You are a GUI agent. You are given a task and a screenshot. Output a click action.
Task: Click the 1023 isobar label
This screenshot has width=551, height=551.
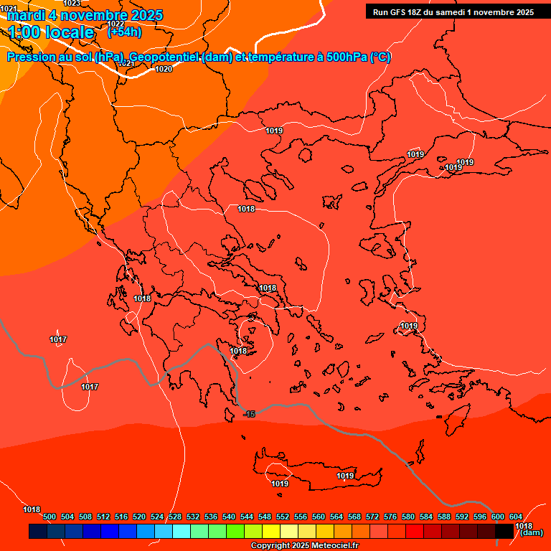click(72, 4)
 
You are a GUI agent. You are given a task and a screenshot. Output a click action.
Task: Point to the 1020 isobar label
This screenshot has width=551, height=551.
click(164, 69)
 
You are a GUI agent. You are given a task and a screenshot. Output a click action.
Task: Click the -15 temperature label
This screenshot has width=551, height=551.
click(249, 414)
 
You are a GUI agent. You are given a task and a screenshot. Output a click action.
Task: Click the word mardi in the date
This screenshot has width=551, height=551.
click(23, 15)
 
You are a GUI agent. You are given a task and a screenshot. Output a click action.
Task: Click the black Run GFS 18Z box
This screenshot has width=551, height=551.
click(453, 12)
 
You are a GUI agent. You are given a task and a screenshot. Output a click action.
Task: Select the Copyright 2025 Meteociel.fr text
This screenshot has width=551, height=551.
click(304, 546)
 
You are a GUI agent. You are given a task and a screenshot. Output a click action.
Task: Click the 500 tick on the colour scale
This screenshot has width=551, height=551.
click(50, 517)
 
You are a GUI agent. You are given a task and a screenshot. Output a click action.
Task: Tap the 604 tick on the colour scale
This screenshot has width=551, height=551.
click(516, 517)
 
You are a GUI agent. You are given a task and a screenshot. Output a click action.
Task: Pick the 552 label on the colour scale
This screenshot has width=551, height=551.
click(283, 517)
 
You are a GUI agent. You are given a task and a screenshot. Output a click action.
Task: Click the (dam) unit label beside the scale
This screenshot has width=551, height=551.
click(531, 532)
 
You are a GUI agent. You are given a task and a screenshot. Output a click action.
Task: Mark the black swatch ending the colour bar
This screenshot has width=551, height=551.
click(504, 531)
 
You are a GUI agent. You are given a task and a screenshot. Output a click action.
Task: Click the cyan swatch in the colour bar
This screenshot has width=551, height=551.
click(182, 531)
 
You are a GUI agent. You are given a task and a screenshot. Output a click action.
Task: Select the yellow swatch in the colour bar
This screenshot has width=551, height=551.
click(271, 531)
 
